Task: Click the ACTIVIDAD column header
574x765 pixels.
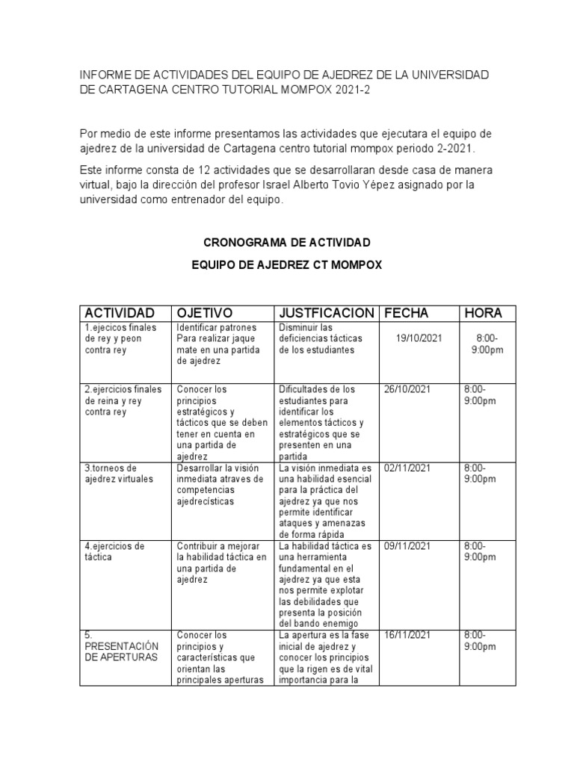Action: [120, 312]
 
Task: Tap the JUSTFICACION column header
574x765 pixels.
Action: [326, 312]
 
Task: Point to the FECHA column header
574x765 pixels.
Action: [407, 312]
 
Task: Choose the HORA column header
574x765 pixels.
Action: [484, 312]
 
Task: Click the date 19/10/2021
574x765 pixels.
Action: [419, 338]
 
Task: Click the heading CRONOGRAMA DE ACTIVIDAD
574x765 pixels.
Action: [287, 244]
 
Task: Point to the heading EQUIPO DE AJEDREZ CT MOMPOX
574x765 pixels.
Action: [287, 264]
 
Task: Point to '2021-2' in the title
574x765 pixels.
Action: [348, 90]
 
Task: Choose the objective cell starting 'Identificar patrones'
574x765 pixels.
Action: [217, 344]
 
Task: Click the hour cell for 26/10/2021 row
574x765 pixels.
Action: [480, 394]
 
